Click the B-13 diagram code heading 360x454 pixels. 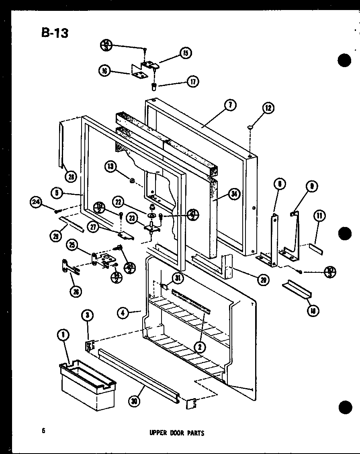point(55,33)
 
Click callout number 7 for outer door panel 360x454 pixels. point(230,106)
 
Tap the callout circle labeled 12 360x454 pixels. point(268,107)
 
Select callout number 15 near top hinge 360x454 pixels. point(186,53)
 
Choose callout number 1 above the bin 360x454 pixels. point(63,334)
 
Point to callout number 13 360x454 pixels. point(112,166)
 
